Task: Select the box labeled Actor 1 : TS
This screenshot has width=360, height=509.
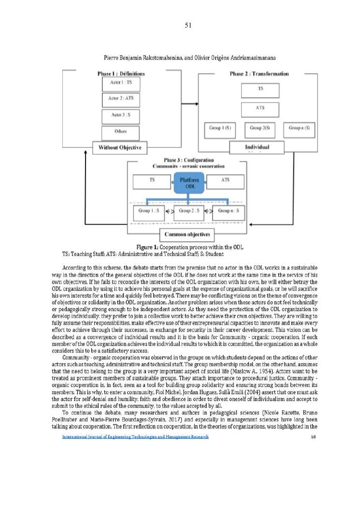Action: (121, 83)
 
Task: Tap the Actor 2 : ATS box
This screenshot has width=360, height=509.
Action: (121, 99)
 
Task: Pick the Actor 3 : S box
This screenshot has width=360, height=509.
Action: (121, 116)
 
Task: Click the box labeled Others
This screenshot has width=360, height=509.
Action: (121, 132)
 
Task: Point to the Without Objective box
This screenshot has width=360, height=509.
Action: (120, 147)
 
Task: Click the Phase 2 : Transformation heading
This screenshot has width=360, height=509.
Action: (259, 74)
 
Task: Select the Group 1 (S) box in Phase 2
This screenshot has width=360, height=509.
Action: (220, 128)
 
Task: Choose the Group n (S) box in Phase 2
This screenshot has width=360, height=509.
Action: (299, 128)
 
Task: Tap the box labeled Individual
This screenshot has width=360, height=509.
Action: (257, 147)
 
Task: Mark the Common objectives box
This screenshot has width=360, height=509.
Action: (187, 235)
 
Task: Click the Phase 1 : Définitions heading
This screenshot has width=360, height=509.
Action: (121, 74)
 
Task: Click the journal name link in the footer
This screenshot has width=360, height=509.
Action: (135, 437)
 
